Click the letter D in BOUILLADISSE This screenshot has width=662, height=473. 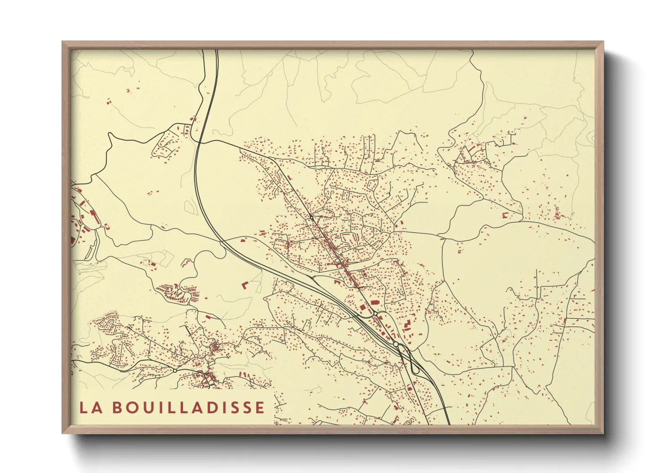click(x=212, y=408)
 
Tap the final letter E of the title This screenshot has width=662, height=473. click(x=259, y=408)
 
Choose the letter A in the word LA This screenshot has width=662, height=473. click(x=95, y=408)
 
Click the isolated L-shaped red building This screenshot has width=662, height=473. click(x=245, y=284)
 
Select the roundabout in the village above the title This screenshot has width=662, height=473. click(x=174, y=371)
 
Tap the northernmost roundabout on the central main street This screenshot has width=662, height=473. click(x=311, y=217)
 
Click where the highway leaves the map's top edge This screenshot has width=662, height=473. click(x=216, y=51)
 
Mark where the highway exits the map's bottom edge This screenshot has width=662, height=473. click(x=449, y=423)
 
